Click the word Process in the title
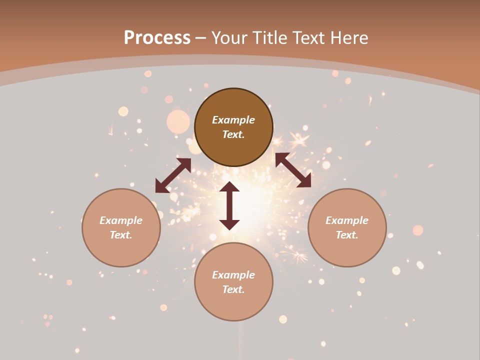pos(157,38)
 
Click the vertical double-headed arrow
pos(229,205)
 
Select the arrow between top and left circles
pos(173,175)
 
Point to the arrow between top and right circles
pos(293,170)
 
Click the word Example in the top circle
pos(233,120)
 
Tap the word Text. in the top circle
pos(233,134)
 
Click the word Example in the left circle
pos(121,220)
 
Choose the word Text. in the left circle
pos(121,235)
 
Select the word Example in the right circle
pos(347,220)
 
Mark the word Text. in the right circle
pos(347,235)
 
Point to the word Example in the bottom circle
pos(233,275)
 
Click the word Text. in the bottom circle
pos(233,289)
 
